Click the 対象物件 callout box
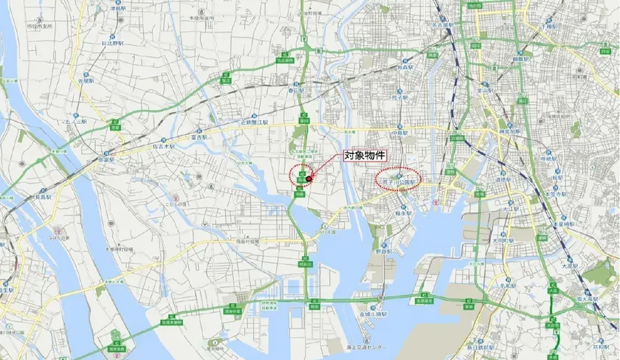[366, 156]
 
